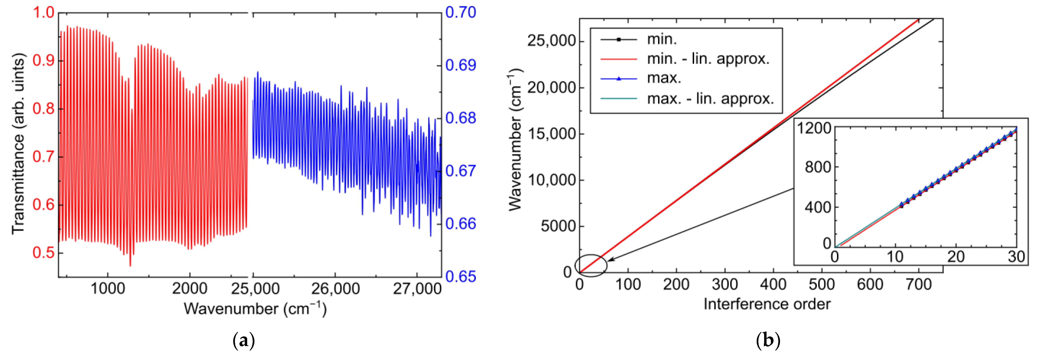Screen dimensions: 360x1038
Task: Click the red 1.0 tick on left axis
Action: (x=44, y=13)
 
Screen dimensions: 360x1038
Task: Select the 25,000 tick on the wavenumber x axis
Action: (x=255, y=289)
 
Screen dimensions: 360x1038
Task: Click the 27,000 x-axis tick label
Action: (x=417, y=289)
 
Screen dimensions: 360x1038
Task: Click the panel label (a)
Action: (x=244, y=341)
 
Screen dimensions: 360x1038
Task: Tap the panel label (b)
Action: (x=768, y=341)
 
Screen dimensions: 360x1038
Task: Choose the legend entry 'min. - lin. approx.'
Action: (x=708, y=59)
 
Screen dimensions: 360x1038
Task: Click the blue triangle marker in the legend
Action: (x=619, y=79)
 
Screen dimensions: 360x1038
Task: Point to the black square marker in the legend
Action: (x=619, y=39)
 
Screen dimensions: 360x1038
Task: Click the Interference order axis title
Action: (x=767, y=304)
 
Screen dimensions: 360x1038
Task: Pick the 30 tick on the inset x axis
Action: (x=1016, y=257)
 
